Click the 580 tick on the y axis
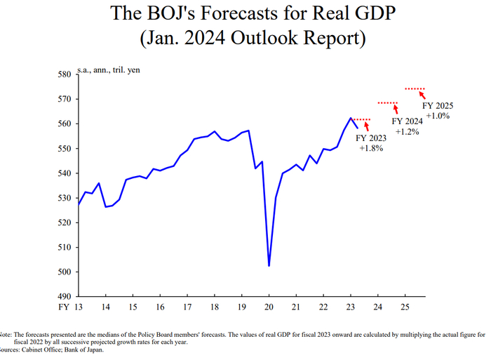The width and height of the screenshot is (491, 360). point(64,74)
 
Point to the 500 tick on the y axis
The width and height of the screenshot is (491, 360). point(64,272)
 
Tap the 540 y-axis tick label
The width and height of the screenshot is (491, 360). point(64,173)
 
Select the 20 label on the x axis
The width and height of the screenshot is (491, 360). point(269,307)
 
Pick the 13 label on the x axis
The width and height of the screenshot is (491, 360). point(79,307)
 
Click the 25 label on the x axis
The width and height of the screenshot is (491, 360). point(404,307)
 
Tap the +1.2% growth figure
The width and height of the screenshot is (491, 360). point(407,131)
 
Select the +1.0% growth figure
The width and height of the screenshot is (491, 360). point(437,115)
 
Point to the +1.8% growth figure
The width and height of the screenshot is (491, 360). point(371,149)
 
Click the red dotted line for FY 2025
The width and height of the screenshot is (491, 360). point(415,89)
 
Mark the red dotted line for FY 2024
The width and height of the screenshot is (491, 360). point(388,103)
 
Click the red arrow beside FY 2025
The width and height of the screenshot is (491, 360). point(422,96)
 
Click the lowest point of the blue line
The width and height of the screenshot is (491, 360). point(269,266)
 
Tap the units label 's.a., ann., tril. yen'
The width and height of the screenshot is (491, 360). point(109,70)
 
